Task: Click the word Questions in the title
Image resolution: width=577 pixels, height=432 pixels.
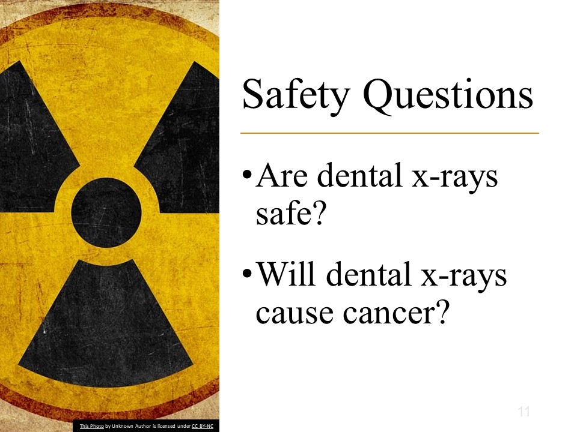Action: tap(448, 95)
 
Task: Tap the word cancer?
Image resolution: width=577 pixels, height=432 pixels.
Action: tap(397, 313)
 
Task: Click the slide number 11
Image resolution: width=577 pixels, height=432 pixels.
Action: tap(524, 411)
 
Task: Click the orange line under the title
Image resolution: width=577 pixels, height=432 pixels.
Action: tap(389, 133)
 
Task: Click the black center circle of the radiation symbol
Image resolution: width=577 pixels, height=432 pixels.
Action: tap(106, 212)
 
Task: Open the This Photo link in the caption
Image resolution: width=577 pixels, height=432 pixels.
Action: tap(91, 426)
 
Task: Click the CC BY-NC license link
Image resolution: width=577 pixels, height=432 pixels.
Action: tap(203, 426)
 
